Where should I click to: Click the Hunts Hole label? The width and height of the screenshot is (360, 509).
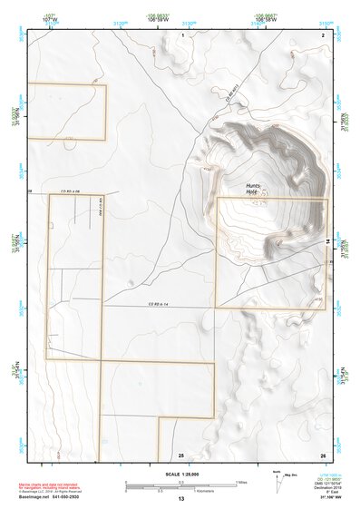[x=253, y=190]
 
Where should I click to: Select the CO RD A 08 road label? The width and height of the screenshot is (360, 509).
[x=71, y=192]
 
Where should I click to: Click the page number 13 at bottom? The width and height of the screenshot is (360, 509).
[x=180, y=500]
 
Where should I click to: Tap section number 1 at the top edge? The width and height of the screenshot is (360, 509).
[x=183, y=34]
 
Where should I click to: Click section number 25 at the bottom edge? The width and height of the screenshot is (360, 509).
[x=180, y=455]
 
